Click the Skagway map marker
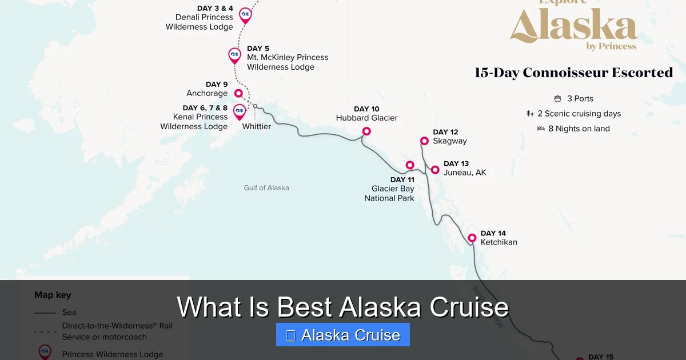(424, 141)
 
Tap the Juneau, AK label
(465, 173)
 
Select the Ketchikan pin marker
(472, 238)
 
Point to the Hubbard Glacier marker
(366, 131)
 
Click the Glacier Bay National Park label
(389, 193)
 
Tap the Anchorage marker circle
(238, 93)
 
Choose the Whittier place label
(257, 126)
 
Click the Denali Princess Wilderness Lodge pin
(245, 14)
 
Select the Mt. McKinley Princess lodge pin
(234, 55)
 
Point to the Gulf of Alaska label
(266, 187)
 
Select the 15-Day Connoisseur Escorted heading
(573, 73)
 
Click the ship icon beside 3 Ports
(557, 99)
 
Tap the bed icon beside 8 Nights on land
(541, 129)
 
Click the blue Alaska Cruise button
(343, 335)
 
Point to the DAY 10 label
(366, 109)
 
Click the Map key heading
(53, 295)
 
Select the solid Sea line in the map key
(45, 313)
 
